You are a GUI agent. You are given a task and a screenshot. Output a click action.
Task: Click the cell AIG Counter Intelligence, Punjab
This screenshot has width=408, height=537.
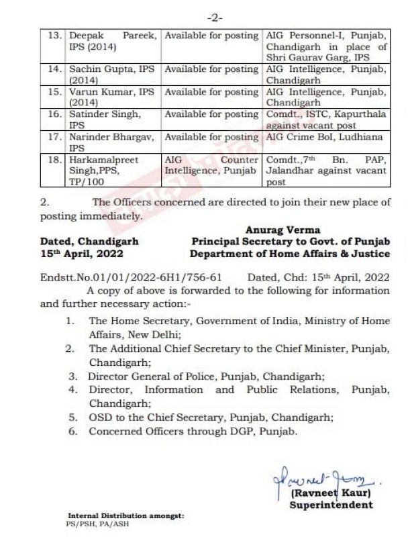(211, 165)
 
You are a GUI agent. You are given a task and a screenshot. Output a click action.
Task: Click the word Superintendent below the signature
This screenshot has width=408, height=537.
(331, 505)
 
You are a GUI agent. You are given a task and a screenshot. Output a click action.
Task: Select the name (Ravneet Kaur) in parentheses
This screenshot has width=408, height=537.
(331, 493)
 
